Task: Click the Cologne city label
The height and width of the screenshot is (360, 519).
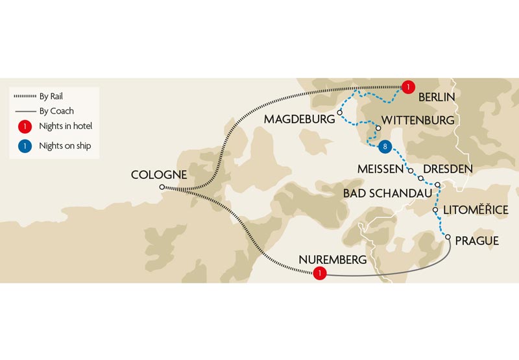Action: point(158,174)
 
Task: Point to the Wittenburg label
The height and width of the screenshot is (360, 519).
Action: point(418,121)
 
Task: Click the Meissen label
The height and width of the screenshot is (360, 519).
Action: point(381,169)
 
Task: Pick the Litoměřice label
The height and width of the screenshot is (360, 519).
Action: point(475,210)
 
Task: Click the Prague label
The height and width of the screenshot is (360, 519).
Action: point(477,241)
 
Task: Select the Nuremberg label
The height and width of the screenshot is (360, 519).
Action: point(332,260)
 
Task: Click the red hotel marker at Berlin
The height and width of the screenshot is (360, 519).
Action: point(407,87)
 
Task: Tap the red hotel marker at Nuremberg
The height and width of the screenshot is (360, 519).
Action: point(319,274)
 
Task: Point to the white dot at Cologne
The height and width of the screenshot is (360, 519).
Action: point(162,187)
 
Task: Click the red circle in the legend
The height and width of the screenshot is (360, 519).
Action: point(24,126)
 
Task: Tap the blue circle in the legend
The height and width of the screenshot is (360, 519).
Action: point(24,146)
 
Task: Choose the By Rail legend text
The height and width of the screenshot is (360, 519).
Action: point(51,97)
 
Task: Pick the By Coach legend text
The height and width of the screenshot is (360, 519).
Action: point(56,111)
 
